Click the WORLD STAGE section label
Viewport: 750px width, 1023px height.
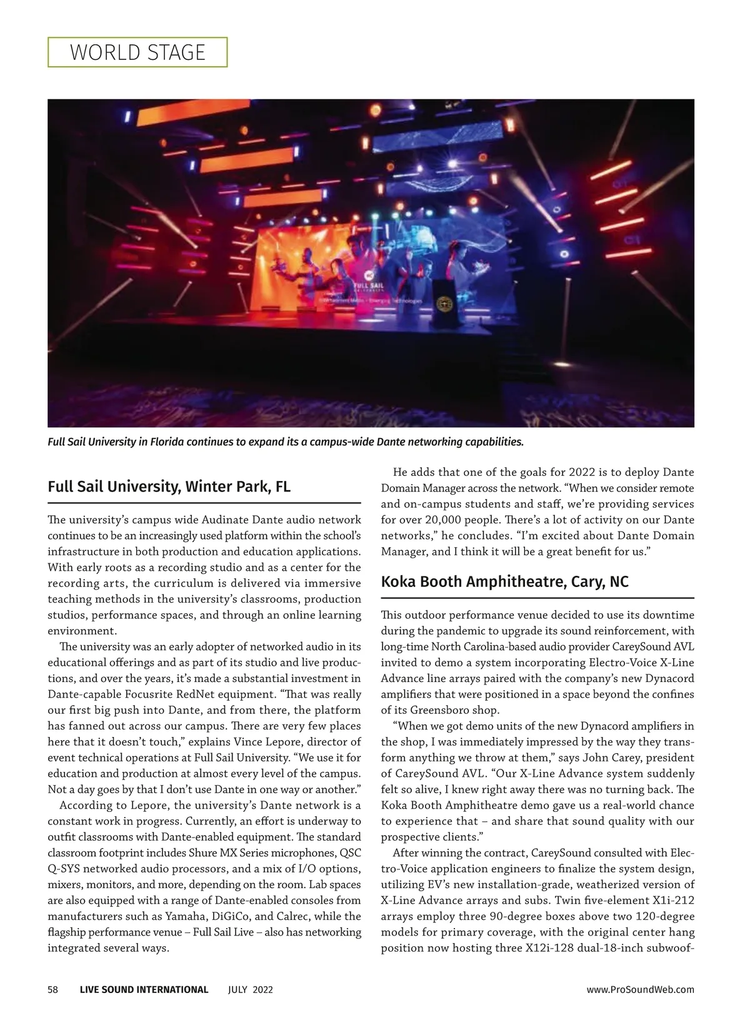(x=137, y=52)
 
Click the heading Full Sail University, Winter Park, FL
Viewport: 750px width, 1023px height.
(x=169, y=486)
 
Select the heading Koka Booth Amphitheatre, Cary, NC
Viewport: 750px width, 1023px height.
(x=504, y=581)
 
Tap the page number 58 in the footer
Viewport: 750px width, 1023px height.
(x=53, y=989)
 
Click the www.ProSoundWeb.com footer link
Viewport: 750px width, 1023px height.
(x=641, y=989)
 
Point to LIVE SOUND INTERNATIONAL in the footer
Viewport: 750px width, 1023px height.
(x=144, y=989)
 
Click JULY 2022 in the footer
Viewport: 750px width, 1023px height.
(x=250, y=989)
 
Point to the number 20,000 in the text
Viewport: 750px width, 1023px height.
(x=446, y=520)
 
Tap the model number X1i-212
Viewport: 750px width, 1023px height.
(x=668, y=901)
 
